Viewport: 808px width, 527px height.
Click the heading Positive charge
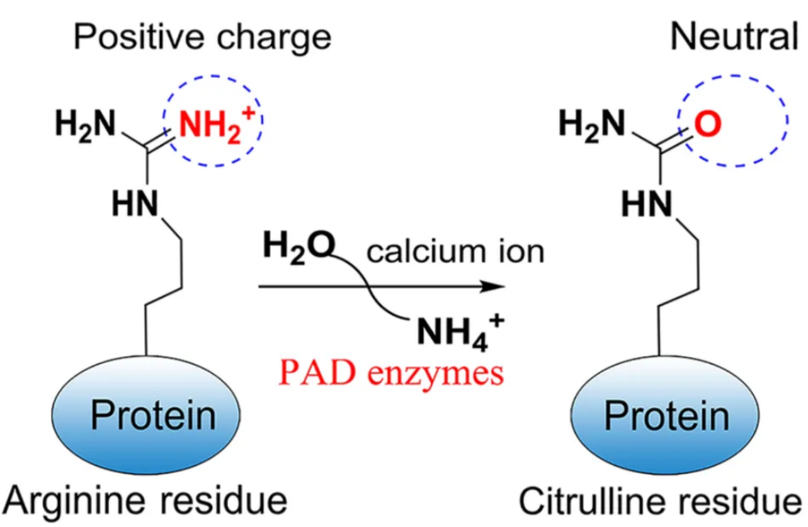(203, 37)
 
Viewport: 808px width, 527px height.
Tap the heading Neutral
(733, 37)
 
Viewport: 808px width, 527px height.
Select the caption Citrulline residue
(659, 501)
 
